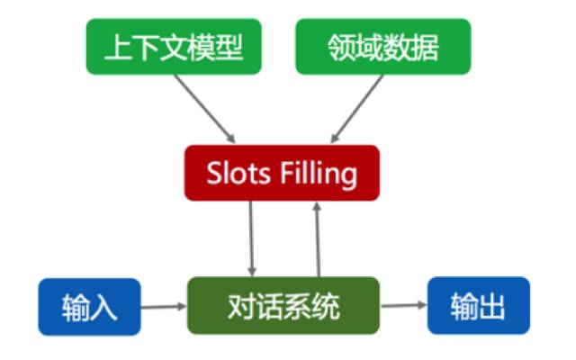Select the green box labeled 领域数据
click(x=383, y=46)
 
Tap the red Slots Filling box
click(x=282, y=172)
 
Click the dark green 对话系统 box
click(x=283, y=306)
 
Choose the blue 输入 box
click(x=89, y=307)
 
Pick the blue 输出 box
click(x=478, y=306)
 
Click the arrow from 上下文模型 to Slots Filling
click(x=204, y=108)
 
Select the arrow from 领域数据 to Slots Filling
click(x=357, y=108)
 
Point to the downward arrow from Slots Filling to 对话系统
click(x=252, y=238)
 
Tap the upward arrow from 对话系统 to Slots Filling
click(x=317, y=238)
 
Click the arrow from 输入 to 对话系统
click(x=164, y=307)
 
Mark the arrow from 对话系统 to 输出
click(x=403, y=306)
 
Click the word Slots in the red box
click(x=239, y=173)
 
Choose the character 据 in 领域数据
click(x=426, y=47)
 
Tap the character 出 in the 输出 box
click(x=492, y=307)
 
